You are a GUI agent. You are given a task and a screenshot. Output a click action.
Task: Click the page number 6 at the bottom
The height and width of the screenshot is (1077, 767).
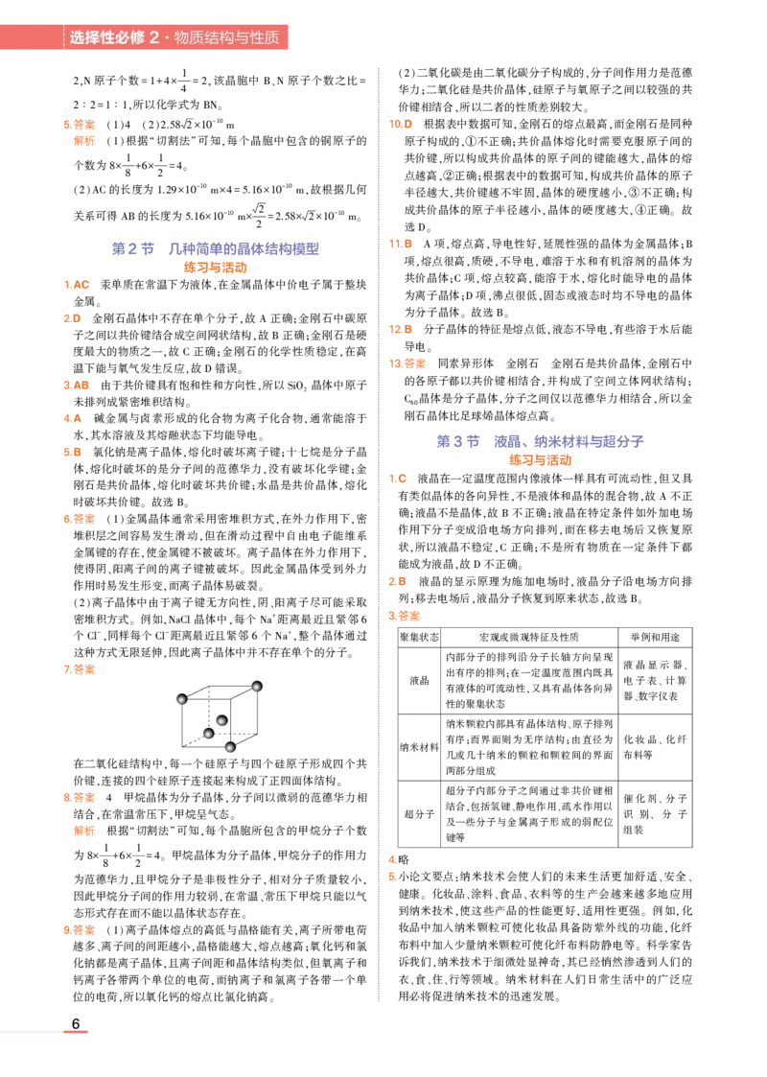point(76,1023)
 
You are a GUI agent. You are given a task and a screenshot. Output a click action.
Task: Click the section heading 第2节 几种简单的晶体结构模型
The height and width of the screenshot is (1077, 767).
point(216,248)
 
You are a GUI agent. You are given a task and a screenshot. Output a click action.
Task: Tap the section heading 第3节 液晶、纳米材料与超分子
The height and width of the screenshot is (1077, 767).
point(541,441)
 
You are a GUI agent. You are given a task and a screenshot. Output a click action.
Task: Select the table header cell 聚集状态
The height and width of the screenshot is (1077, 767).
point(419,638)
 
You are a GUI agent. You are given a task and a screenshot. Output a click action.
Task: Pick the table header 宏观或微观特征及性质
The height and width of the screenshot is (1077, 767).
point(528,638)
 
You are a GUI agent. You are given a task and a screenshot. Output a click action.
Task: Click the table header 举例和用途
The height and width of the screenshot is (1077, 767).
point(655,638)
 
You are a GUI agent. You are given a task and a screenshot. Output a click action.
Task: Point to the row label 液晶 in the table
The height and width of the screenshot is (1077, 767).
point(419,680)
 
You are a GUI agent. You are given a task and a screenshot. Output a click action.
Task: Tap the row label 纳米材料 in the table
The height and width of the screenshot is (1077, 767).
point(419,747)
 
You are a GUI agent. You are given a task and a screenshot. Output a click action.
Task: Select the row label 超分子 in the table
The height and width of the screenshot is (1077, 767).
point(419,814)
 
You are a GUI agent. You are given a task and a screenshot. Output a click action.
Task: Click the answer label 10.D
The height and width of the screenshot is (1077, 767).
point(401,125)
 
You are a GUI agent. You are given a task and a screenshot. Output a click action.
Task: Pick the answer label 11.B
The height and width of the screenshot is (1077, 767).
point(401,244)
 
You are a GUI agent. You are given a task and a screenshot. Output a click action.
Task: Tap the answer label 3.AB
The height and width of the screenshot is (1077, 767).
point(76,386)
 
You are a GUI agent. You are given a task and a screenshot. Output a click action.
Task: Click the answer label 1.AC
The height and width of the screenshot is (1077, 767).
point(76,285)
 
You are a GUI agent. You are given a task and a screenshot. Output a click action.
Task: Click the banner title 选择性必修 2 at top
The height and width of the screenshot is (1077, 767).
point(114,37)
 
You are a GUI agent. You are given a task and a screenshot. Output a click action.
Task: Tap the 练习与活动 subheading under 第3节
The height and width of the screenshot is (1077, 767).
point(541,460)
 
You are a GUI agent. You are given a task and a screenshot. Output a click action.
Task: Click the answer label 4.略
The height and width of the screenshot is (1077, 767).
point(399,859)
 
